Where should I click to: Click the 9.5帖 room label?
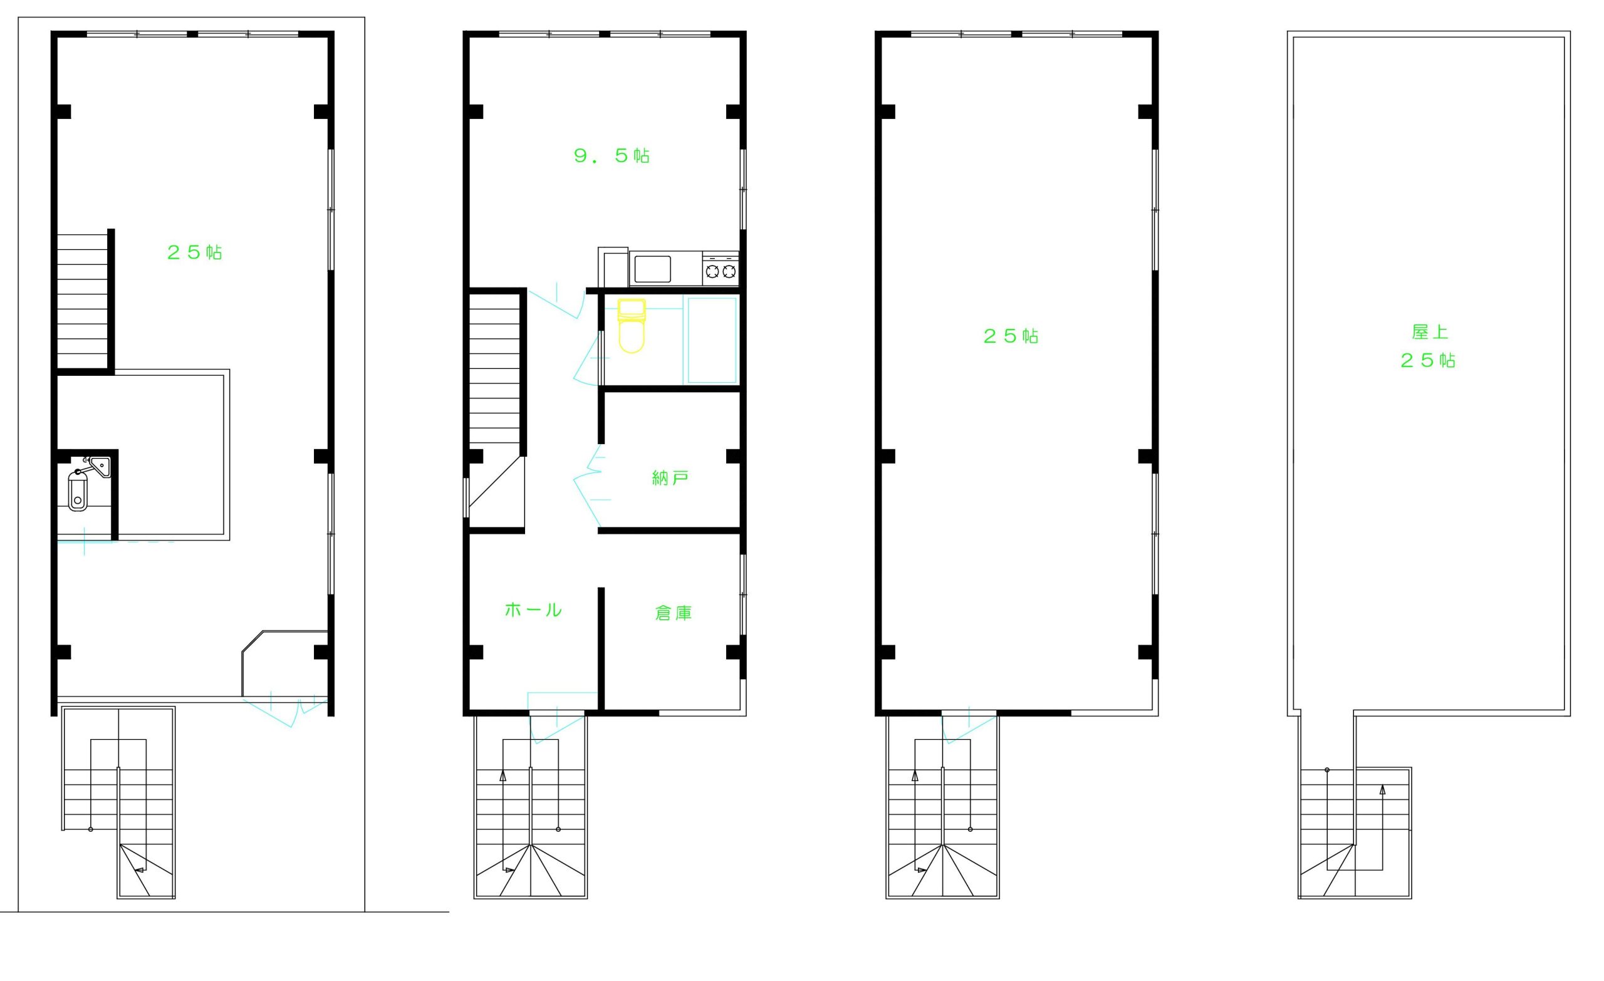(x=612, y=155)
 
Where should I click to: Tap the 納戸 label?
(x=670, y=479)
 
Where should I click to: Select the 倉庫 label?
(x=673, y=613)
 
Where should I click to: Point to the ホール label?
(x=533, y=610)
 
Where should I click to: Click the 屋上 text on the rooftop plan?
(x=1430, y=332)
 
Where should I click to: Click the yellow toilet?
(x=632, y=326)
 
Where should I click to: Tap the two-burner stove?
(x=721, y=268)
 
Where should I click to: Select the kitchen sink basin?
(x=652, y=269)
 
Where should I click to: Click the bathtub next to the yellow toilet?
(x=712, y=340)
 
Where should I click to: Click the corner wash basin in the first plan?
(x=101, y=467)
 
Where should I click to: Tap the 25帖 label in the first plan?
(x=194, y=252)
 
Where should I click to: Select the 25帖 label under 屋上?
(x=1427, y=360)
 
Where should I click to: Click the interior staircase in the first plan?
(x=83, y=301)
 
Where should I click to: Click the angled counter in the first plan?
(x=284, y=663)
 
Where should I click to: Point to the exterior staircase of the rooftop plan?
(x=1355, y=833)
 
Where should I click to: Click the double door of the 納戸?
(x=591, y=485)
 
